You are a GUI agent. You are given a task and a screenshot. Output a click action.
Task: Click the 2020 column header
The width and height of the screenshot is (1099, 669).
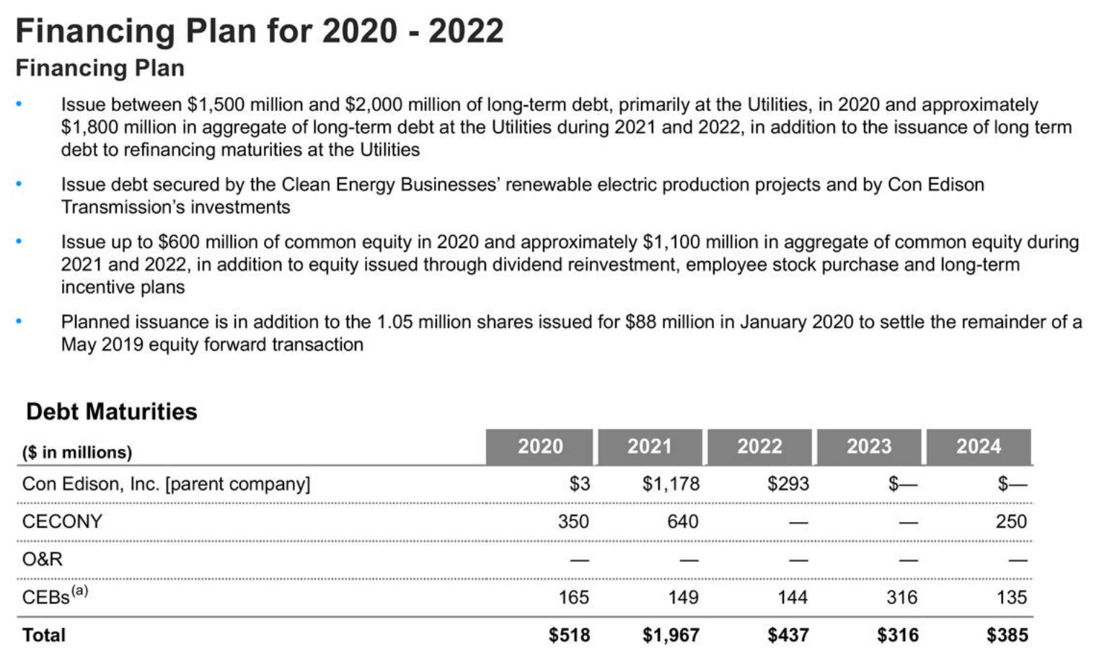[x=540, y=447]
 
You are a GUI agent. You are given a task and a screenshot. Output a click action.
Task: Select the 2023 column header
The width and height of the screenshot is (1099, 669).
[x=869, y=447]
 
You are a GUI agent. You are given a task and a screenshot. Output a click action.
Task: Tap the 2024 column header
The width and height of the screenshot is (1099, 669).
[x=979, y=447]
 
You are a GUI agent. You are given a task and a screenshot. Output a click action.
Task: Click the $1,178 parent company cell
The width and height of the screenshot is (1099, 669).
[x=671, y=484]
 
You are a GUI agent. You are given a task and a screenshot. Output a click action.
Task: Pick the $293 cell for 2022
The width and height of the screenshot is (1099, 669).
[x=788, y=484]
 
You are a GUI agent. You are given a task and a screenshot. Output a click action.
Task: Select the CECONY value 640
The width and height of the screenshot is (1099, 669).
[x=682, y=521]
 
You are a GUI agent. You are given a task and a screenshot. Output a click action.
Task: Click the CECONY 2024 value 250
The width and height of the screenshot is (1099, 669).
[x=1011, y=521]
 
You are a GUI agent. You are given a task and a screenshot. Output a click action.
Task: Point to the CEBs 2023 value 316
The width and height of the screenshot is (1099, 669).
[x=901, y=597]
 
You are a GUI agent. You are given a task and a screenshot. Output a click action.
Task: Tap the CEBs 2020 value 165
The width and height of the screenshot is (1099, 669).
[x=573, y=597]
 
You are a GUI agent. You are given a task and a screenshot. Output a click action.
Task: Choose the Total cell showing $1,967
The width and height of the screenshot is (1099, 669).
[x=671, y=635]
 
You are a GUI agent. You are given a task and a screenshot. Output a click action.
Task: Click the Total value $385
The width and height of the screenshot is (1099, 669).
[x=1007, y=635]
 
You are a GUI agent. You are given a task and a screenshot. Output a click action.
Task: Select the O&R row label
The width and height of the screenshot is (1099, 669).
[x=43, y=559]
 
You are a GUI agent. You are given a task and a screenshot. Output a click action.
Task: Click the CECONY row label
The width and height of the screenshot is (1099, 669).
[x=62, y=521]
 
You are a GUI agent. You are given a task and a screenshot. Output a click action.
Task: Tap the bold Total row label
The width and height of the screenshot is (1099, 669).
[x=44, y=635]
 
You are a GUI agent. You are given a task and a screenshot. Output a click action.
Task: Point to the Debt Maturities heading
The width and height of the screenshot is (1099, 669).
[x=112, y=412]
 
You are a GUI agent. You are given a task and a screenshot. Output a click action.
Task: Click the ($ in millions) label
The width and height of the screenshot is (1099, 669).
[x=77, y=452]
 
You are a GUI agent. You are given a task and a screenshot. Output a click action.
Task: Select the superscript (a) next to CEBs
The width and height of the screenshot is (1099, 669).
[x=79, y=591]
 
